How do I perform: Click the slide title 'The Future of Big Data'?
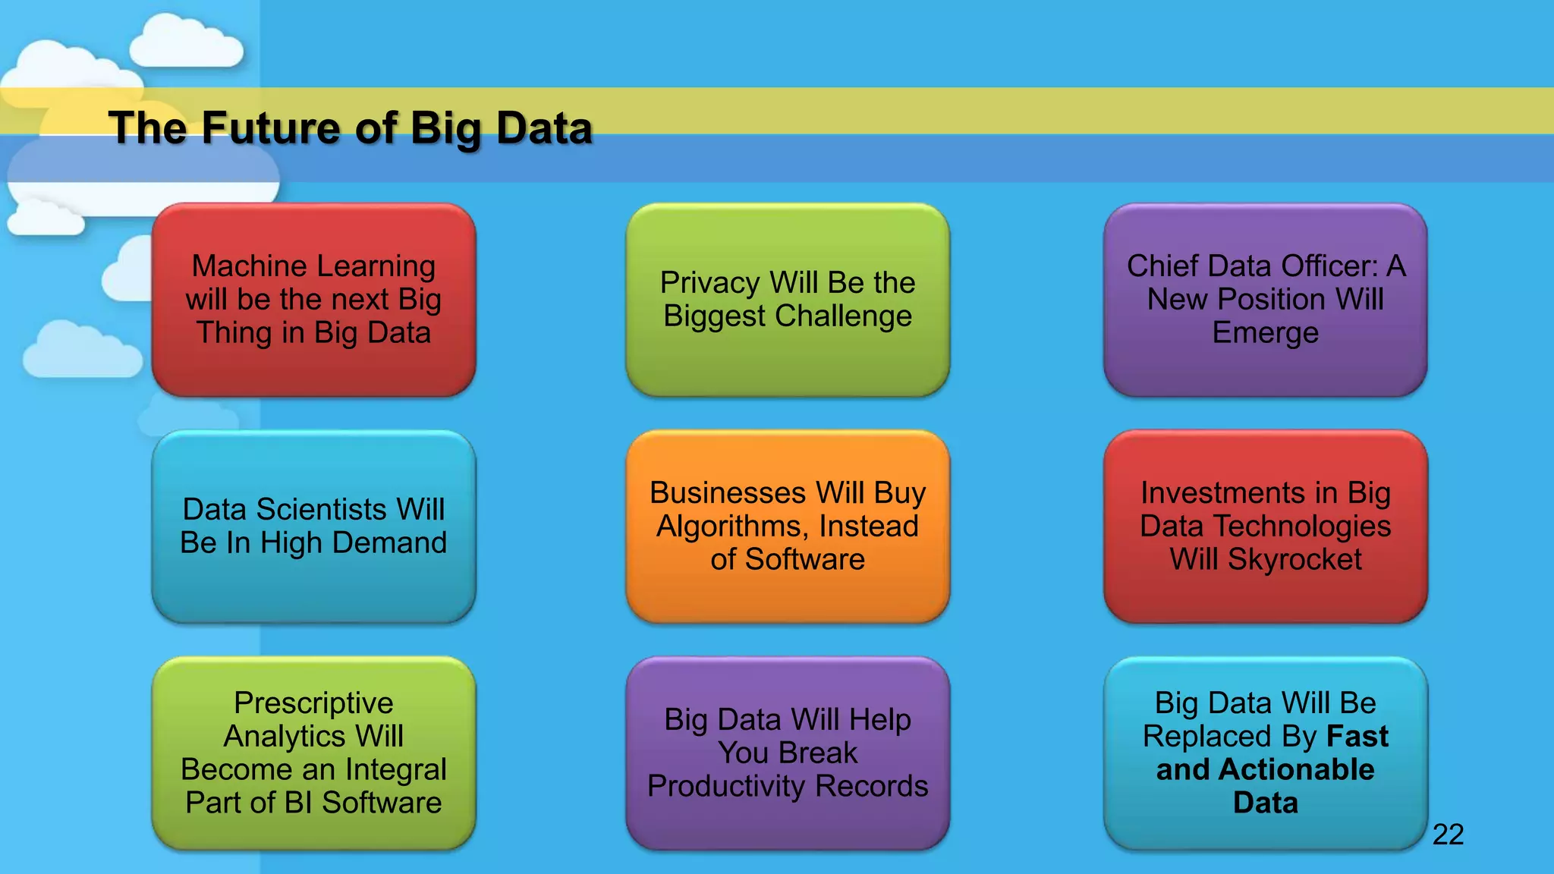tap(350, 127)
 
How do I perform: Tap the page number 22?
tap(1448, 835)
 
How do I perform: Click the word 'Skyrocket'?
tap(1294, 560)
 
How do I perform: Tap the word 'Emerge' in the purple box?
tap(1265, 333)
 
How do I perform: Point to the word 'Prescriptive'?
tap(313, 703)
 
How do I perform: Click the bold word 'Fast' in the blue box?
tap(1357, 736)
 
